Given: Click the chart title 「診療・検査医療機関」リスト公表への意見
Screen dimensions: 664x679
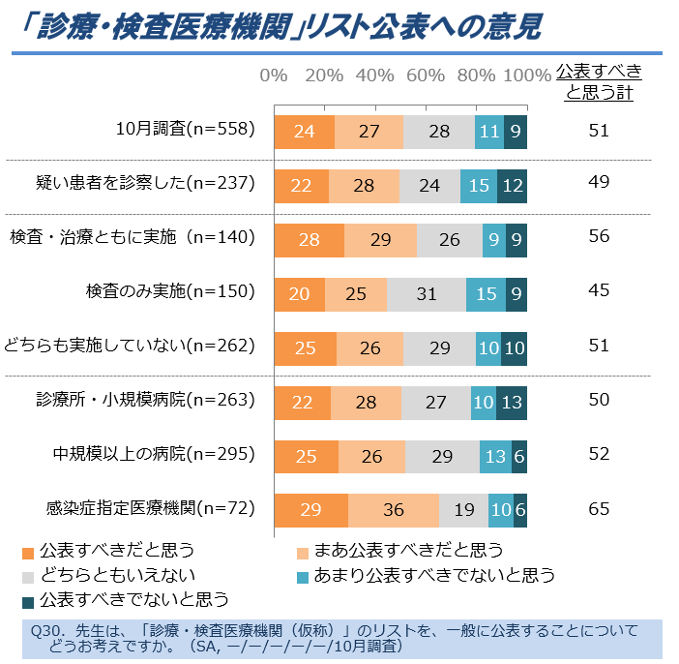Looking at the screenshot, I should pos(280,27).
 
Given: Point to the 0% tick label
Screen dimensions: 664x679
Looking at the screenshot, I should pos(274,75).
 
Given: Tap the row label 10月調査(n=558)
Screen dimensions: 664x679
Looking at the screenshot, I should pos(185,130).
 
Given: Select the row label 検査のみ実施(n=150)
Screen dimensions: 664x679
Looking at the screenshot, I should pos(169,292).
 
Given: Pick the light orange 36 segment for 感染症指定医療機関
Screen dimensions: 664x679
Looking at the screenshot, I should pos(393,510).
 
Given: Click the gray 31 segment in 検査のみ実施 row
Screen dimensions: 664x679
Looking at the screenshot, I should pos(426,293).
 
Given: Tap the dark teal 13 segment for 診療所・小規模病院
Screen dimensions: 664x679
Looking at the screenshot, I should pos(511,402).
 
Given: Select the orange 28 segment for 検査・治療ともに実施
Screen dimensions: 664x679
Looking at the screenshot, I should pos(309,239).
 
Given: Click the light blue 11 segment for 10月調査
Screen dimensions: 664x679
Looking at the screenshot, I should pos(489,131).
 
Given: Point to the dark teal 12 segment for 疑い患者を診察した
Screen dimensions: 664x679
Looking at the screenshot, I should pos(512,185).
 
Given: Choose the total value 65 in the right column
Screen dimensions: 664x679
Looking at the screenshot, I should pos(599,508).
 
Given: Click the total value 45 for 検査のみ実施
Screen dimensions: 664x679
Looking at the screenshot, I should pos(599,292).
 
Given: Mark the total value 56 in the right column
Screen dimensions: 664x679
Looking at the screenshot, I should pos(599,238).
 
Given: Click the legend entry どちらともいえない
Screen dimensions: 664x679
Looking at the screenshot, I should pos(106,576).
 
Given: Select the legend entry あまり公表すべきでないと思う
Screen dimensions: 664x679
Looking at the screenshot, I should pos(434,576).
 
